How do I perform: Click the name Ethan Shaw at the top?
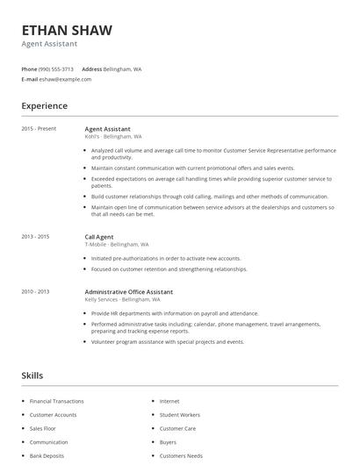(67, 31)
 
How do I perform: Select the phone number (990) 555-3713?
(57, 68)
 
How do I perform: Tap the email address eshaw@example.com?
(65, 79)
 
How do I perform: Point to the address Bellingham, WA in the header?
(122, 68)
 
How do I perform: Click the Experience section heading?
(44, 106)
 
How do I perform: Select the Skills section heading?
(32, 376)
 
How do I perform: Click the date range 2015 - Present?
(39, 129)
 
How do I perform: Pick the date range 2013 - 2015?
(35, 237)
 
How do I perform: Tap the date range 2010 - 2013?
(35, 291)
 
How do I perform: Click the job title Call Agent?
(99, 237)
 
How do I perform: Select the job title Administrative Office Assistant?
(128, 291)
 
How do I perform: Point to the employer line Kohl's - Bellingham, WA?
(113, 137)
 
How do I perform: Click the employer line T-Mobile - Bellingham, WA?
(117, 245)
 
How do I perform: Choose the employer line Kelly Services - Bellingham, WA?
(122, 299)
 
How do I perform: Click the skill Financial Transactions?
(56, 401)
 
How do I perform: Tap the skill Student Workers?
(179, 414)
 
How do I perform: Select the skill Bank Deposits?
(47, 456)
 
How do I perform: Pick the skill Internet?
(169, 401)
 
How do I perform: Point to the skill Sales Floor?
(43, 428)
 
